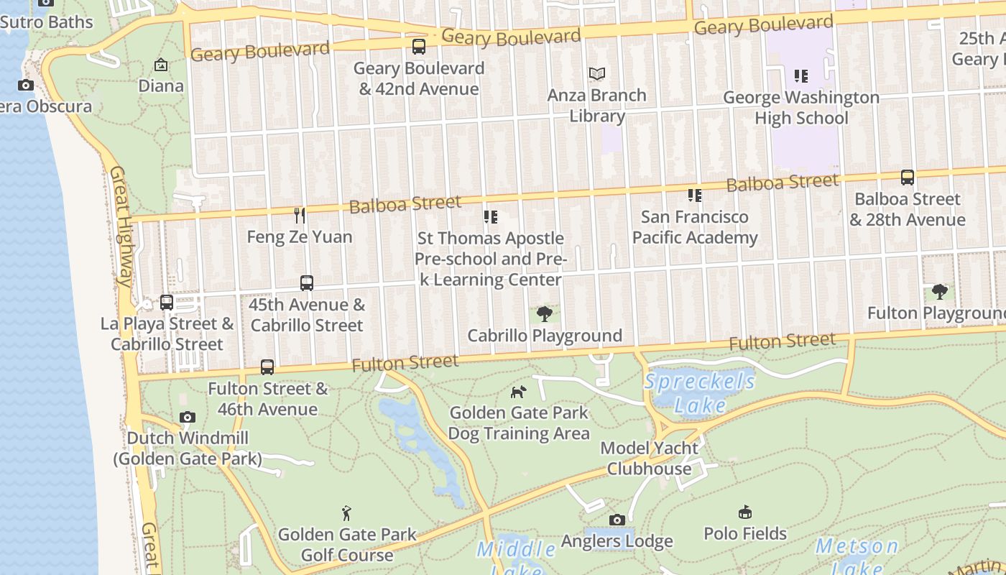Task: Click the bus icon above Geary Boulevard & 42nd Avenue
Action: point(418,47)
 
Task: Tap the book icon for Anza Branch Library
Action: point(597,73)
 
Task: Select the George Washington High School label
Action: point(801,108)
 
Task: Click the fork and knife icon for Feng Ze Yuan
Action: point(300,215)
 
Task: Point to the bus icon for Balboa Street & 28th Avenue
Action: point(908,178)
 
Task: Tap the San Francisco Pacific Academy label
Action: point(695,227)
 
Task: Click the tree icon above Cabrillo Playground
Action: point(545,313)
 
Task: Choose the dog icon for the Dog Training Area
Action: point(518,392)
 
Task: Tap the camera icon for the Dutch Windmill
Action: point(188,417)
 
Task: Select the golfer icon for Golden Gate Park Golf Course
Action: point(347,513)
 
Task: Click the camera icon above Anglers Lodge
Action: point(617,520)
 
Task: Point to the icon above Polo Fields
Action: point(745,512)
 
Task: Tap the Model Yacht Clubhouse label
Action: point(650,459)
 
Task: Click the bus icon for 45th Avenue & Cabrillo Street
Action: point(307,283)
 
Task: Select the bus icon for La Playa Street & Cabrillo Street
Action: point(167,302)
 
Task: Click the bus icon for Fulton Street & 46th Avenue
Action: point(267,367)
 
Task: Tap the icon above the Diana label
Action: point(161,65)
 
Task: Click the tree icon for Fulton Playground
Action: point(939,292)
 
